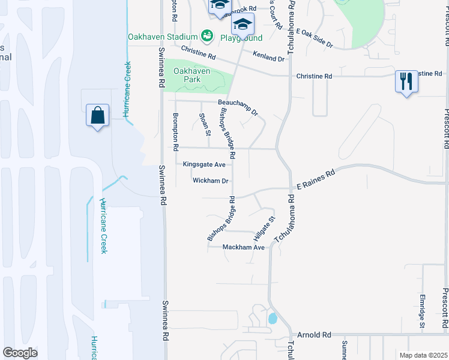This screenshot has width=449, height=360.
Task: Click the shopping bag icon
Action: pyautogui.click(x=97, y=115)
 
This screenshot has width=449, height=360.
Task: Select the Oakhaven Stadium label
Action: pyautogui.click(x=163, y=37)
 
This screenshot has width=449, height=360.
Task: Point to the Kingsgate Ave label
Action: pyautogui.click(x=204, y=164)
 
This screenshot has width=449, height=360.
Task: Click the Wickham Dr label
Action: pyautogui.click(x=211, y=181)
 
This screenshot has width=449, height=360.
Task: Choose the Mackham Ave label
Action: pyautogui.click(x=243, y=247)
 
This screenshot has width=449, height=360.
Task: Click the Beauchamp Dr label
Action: pyautogui.click(x=238, y=107)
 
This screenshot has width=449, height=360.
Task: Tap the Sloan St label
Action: pyautogui.click(x=205, y=124)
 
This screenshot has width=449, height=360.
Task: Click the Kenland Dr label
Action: pyautogui.click(x=268, y=58)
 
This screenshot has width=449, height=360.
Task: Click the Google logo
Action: pyautogui.click(x=20, y=352)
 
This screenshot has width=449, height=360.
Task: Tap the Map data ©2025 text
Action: pyautogui.click(x=423, y=355)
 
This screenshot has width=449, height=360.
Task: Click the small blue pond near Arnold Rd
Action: pyautogui.click(x=273, y=318)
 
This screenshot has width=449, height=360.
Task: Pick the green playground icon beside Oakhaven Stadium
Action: pyautogui.click(x=207, y=37)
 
